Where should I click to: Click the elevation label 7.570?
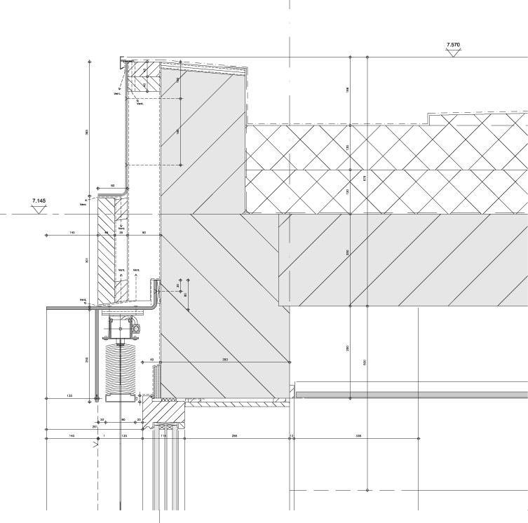(453, 45)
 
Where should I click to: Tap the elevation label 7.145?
(39, 201)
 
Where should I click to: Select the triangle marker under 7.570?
(454, 52)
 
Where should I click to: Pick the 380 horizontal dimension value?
(225, 360)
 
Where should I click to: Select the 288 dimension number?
(234, 435)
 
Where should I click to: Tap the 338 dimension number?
(358, 435)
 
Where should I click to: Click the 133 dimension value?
(69, 395)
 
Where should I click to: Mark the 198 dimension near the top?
(348, 89)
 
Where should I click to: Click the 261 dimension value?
(95, 426)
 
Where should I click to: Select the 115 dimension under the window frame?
(163, 435)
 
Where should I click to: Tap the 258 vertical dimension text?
(87, 360)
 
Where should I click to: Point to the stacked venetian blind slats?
(121, 368)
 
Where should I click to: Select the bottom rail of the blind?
(121, 398)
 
